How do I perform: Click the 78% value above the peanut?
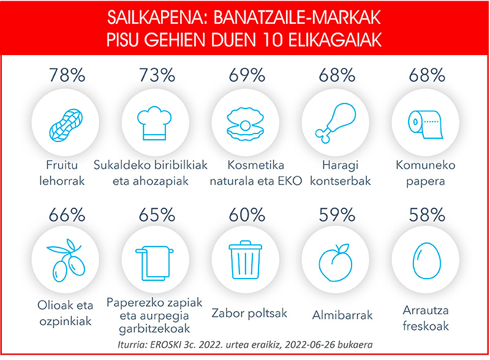click(67, 75)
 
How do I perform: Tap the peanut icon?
click(66, 126)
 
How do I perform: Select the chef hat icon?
click(154, 123)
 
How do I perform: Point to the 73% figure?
click(157, 75)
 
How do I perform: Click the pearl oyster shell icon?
click(246, 124)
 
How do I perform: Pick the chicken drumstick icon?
click(336, 123)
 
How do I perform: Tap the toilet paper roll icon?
click(426, 124)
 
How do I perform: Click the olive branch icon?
click(66, 260)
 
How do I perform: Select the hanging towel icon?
click(154, 263)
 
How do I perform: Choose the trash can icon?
click(246, 260)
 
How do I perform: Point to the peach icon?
click(335, 262)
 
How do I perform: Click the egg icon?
click(426, 260)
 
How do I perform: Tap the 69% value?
click(247, 75)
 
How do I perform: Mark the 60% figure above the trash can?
click(247, 215)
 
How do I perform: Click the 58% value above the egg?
click(427, 215)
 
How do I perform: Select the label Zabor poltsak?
click(249, 313)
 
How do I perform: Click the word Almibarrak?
click(342, 315)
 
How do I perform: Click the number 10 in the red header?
click(270, 40)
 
